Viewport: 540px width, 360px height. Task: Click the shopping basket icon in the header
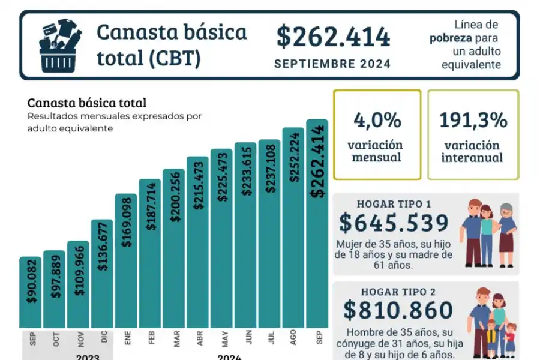click(59, 45)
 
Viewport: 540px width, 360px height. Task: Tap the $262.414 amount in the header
click(333, 37)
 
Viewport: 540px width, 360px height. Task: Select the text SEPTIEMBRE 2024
click(332, 64)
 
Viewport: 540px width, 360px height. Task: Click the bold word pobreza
click(449, 38)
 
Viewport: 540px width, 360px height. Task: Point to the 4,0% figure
click(377, 120)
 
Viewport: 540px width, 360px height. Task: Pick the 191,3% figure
click(473, 120)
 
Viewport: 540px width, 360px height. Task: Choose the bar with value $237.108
click(269, 234)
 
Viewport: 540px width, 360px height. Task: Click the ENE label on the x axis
click(127, 339)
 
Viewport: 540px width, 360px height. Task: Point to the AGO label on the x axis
click(293, 339)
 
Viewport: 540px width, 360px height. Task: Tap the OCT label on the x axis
click(56, 340)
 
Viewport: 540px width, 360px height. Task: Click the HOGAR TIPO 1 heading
click(394, 204)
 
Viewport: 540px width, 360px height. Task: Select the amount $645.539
click(394, 223)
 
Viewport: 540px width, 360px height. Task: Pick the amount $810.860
click(398, 310)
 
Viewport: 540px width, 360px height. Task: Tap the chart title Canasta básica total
click(87, 103)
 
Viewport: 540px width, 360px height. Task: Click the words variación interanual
click(473, 152)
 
